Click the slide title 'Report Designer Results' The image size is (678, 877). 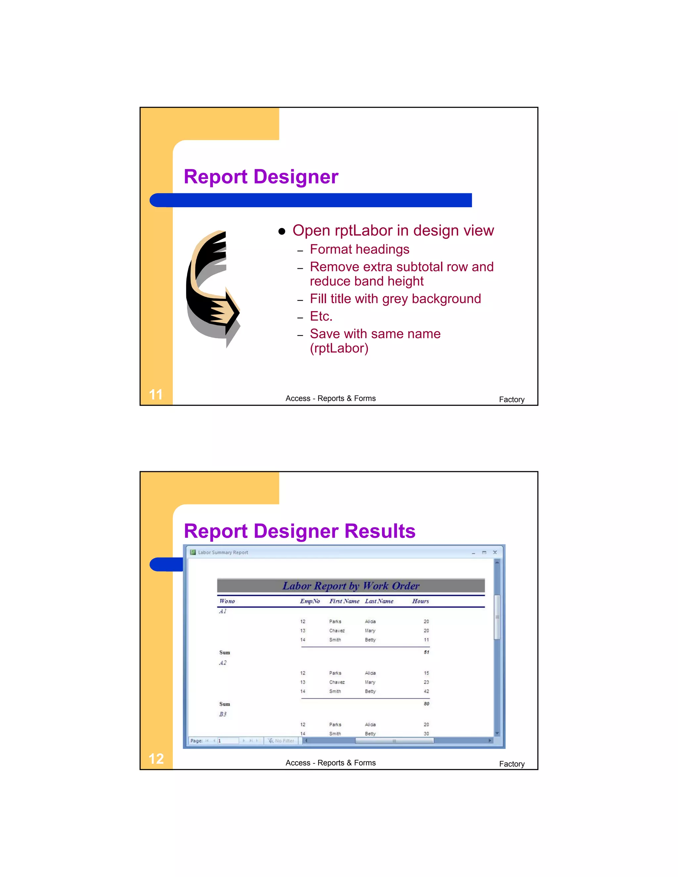pos(299,531)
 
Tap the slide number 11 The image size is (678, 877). pos(156,394)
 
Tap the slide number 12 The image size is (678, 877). pos(156,759)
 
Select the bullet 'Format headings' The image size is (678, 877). pos(360,250)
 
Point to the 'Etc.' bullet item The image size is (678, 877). pos(321,316)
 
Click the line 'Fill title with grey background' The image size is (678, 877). pos(395,299)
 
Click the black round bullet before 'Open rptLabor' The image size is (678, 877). pos(282,231)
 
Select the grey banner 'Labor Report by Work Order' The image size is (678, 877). pos(351,586)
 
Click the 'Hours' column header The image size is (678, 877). pos(420,601)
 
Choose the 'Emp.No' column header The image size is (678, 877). pos(310,601)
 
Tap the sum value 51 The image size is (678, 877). pos(426,652)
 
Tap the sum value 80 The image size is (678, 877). pos(426,704)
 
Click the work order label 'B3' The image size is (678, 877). pos(223,714)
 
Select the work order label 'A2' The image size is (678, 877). pos(223,663)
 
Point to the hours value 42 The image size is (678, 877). pos(426,691)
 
